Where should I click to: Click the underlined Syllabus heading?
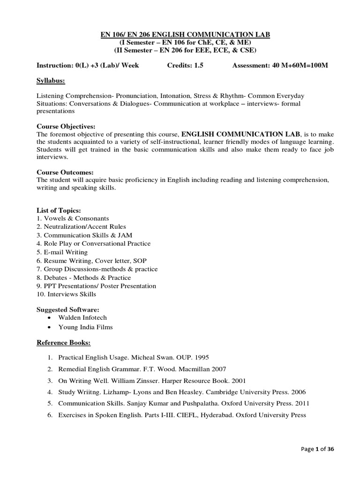tap(51, 81)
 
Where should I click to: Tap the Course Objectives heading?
tap(66, 127)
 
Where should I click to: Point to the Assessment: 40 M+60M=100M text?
tap(280, 66)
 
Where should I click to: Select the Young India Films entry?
tap(85, 327)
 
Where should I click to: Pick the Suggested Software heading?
tap(67, 310)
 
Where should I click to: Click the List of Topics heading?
tap(59, 210)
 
